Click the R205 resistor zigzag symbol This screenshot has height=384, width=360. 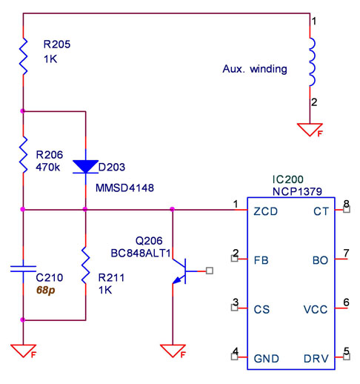click(x=24, y=56)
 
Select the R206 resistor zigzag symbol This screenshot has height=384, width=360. click(x=24, y=154)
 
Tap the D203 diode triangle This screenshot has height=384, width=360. click(x=85, y=167)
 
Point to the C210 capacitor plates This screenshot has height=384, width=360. click(x=23, y=269)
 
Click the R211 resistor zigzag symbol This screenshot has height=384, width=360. click(x=85, y=265)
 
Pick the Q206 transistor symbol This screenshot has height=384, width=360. click(x=182, y=271)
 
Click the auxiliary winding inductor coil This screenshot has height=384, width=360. click(x=312, y=62)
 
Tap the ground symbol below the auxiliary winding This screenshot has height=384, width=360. click(x=310, y=130)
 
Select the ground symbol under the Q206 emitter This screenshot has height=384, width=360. click(x=173, y=351)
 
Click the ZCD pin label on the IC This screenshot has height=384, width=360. click(x=265, y=211)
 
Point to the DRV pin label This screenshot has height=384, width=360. click(x=316, y=359)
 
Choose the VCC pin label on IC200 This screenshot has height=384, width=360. click(x=316, y=310)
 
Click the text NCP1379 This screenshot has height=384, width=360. click(x=297, y=191)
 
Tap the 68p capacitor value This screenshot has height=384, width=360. click(x=46, y=291)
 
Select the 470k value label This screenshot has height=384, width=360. click(x=48, y=168)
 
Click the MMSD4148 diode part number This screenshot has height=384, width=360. click(x=124, y=188)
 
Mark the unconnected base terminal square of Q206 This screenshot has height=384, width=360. click(x=210, y=271)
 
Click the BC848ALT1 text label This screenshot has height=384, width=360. click(x=141, y=254)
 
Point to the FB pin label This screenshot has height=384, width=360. click(x=261, y=260)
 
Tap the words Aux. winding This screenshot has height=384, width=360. click(x=255, y=69)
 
